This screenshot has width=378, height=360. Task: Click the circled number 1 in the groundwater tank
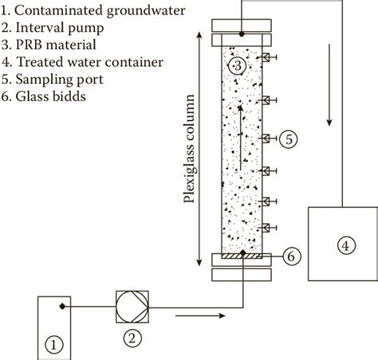[53, 344]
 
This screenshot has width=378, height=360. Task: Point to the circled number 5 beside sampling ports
[289, 139]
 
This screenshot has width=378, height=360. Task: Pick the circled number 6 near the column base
[292, 256]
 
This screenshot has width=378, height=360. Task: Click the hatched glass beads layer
[241, 256]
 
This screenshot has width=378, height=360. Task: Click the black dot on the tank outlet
[61, 306]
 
